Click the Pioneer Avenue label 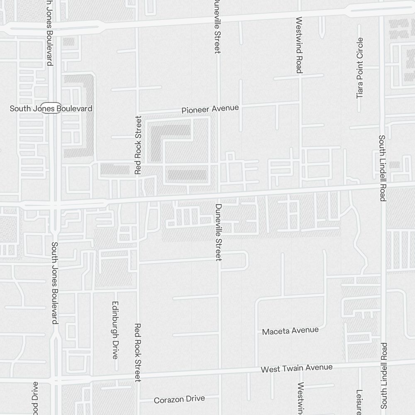point(210,109)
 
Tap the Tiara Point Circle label point(360,68)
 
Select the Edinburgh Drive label point(115,330)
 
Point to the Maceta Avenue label point(290,331)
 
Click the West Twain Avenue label point(296,368)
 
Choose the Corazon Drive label point(179,399)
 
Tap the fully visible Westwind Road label point(298,45)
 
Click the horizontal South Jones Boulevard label point(51,108)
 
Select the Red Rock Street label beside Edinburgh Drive point(138,352)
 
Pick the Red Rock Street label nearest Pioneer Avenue point(138,145)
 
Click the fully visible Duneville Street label point(219,232)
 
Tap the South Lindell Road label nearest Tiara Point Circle point(382,168)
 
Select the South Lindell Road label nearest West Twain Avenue point(384,376)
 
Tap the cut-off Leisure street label point(359,402)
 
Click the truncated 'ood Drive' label point(35,398)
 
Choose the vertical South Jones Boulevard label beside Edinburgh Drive point(54,283)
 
